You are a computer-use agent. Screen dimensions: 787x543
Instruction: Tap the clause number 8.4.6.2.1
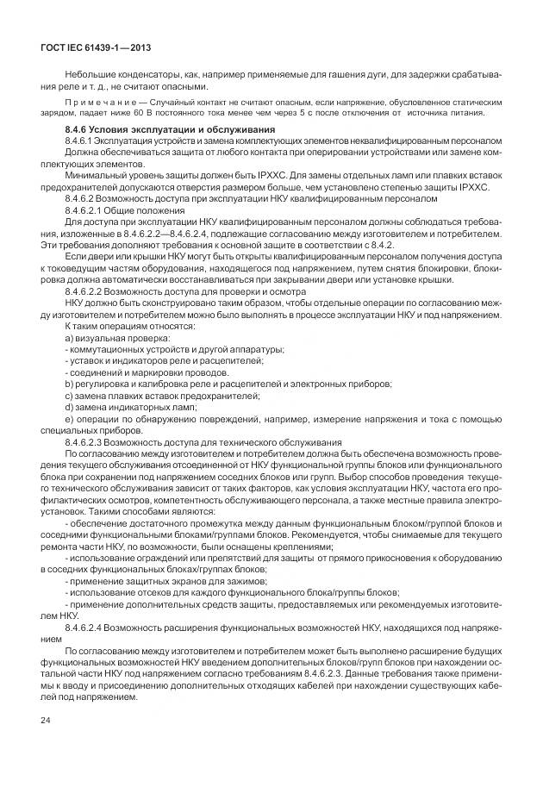[86, 210]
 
